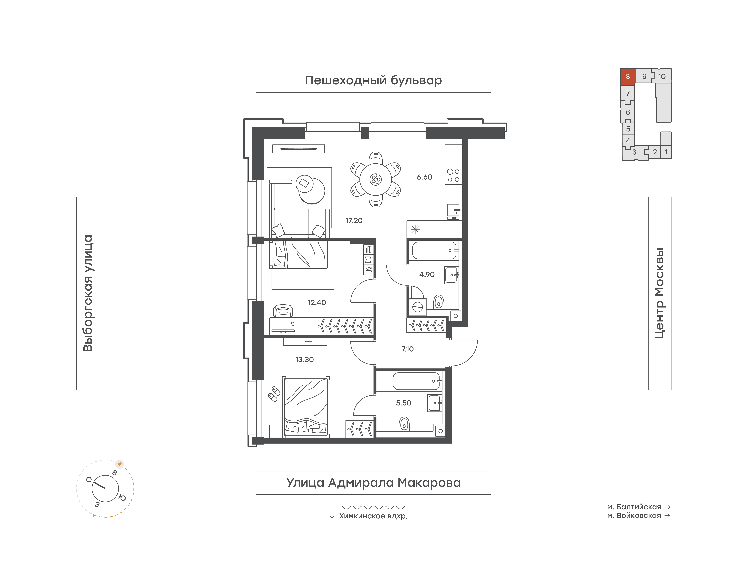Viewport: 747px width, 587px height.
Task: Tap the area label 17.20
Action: pyautogui.click(x=354, y=220)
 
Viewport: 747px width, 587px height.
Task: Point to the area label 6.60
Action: pyautogui.click(x=425, y=177)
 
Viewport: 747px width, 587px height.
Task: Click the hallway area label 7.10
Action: pyautogui.click(x=407, y=349)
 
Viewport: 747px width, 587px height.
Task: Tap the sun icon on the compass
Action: pyautogui.click(x=120, y=464)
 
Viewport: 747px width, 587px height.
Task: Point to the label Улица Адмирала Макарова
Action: pyautogui.click(x=373, y=483)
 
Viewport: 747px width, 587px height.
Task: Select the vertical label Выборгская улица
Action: pyautogui.click(x=88, y=293)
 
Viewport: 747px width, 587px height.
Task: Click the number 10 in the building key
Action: pyautogui.click(x=661, y=76)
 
